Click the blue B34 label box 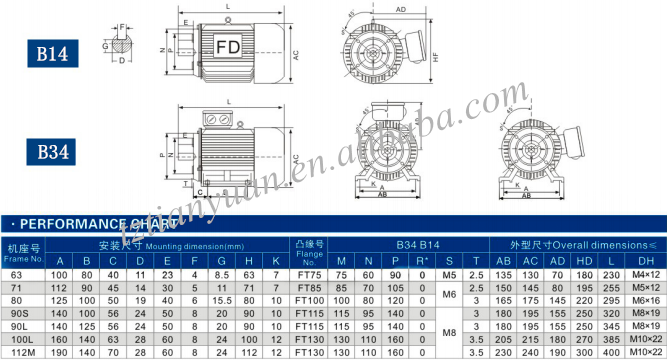(53, 152)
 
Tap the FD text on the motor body (228, 47)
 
